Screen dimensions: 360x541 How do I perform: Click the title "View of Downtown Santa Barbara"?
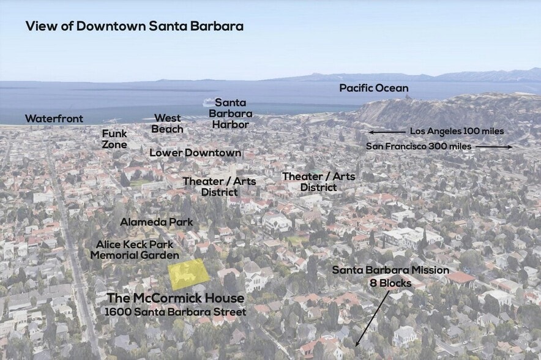pos(134,26)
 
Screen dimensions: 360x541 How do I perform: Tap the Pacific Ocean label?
pos(373,88)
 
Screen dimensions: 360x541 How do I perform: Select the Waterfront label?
pos(54,119)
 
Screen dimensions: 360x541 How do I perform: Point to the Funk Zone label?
pos(114,139)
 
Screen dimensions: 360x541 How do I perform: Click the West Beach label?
pos(168,123)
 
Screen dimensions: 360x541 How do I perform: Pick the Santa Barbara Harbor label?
pos(230,113)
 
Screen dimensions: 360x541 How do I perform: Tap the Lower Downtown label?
pos(195,152)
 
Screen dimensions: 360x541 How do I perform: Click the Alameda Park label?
pos(156,222)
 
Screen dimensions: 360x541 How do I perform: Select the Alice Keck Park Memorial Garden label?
pos(135,250)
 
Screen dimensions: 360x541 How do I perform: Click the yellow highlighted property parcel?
pos(188,273)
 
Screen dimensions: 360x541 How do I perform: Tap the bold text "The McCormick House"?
pos(176,299)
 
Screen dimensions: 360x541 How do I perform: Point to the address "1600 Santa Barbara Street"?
pos(176,312)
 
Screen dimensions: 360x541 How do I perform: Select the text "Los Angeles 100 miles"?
pos(457,132)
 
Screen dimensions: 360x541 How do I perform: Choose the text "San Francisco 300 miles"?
pos(419,147)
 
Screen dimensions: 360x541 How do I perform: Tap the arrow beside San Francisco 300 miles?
pos(493,147)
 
